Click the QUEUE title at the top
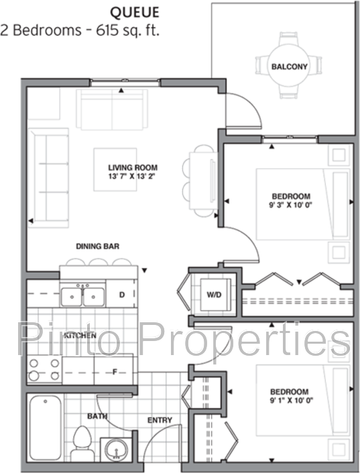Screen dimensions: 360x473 coord(135,12)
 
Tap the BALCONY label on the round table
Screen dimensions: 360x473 coord(289,66)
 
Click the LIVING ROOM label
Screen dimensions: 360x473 coord(133,167)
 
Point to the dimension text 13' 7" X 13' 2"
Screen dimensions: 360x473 coord(133,176)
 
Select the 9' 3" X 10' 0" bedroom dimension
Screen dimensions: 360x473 coord(290,205)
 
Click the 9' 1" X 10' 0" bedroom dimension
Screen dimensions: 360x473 coord(291,400)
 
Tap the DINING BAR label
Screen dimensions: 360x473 coord(97,246)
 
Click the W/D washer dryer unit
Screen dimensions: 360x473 coord(215,294)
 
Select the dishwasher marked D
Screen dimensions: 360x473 coord(121,294)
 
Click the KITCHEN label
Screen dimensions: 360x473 coord(80,335)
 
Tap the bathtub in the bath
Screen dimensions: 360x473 coord(46,427)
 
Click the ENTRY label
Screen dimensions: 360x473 coord(160,420)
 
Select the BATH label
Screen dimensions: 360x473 coord(97,416)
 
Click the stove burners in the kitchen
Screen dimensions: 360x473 coord(44,370)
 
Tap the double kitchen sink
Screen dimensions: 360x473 coord(82,296)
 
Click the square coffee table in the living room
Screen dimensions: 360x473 coord(115,170)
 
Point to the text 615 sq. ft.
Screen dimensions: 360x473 coord(127,30)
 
